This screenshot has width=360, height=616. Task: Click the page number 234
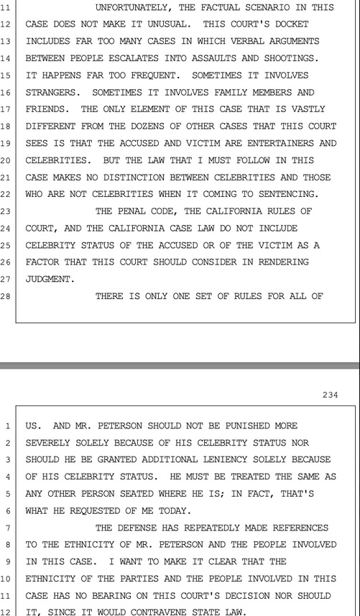click(330, 395)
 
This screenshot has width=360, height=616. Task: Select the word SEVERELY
click(49, 442)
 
